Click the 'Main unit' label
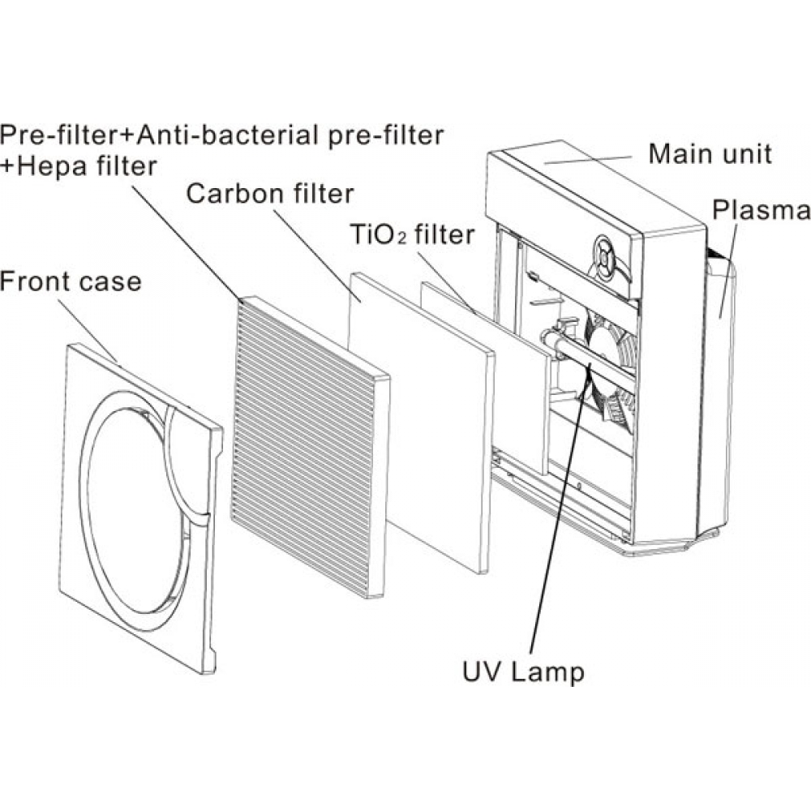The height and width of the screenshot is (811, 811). point(710,154)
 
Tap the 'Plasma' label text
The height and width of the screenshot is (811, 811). point(760,211)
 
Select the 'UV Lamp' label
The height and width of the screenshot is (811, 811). point(522,672)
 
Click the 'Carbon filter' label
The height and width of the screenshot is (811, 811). point(270,195)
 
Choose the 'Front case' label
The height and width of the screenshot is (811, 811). point(71,281)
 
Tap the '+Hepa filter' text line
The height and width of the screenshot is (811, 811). point(79,166)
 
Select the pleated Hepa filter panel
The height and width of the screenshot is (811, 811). point(308,446)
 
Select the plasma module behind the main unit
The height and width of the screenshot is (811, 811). point(718,389)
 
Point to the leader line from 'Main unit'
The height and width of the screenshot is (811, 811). point(592,158)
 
